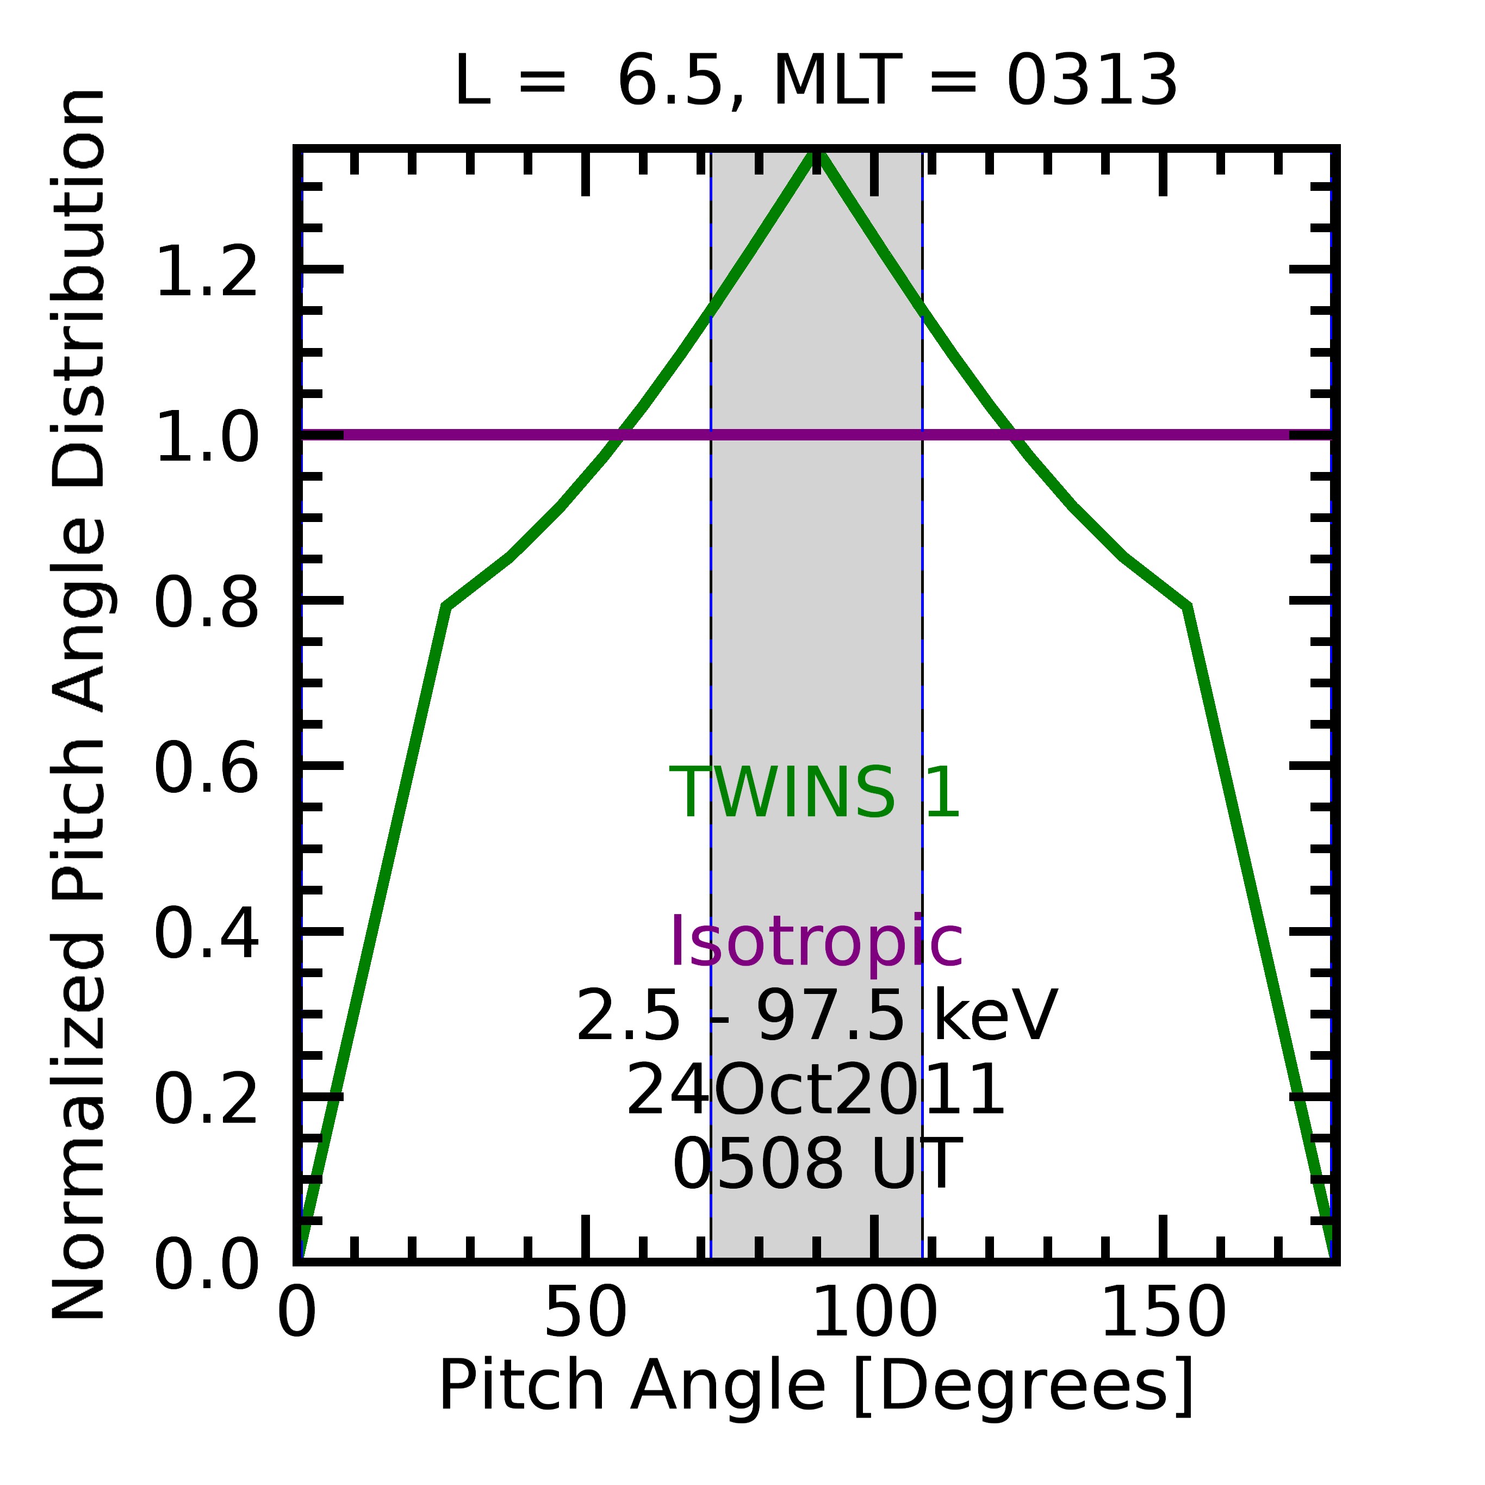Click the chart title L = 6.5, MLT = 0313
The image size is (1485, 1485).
[816, 82]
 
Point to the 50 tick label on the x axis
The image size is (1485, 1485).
[586, 1314]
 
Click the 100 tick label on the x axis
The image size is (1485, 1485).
[874, 1314]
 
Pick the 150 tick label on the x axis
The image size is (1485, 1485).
[1163, 1314]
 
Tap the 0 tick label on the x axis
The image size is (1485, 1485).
[297, 1314]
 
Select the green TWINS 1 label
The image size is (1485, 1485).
[815, 793]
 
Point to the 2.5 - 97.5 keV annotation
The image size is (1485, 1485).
[816, 1016]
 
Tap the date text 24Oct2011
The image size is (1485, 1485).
[816, 1091]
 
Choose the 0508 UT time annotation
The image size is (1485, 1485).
[816, 1165]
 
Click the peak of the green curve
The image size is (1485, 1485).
[816, 154]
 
